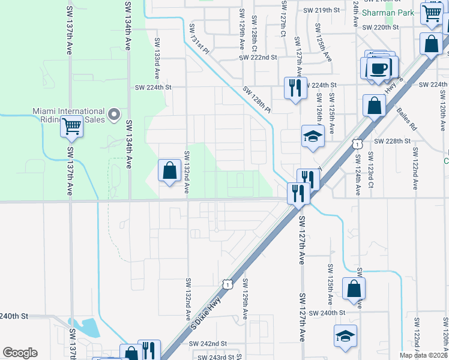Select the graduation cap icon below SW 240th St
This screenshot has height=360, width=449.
click(x=346, y=335)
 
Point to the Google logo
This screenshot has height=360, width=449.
click(x=20, y=353)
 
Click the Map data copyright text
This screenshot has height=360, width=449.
click(x=423, y=355)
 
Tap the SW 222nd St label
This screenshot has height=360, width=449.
click(x=258, y=58)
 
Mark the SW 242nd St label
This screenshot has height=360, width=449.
click(x=208, y=344)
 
